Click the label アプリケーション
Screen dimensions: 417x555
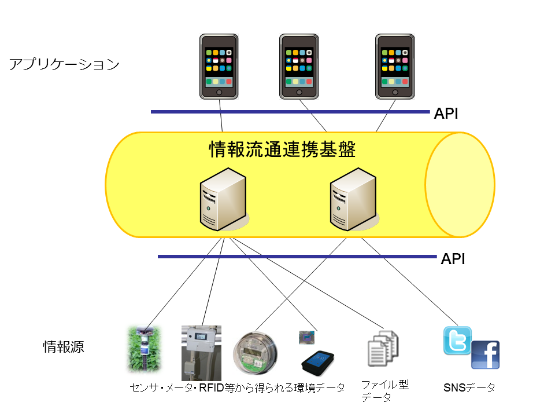pyautogui.click(x=64, y=64)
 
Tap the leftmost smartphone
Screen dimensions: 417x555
pyautogui.click(x=219, y=66)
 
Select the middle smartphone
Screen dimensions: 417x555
pyautogui.click(x=299, y=66)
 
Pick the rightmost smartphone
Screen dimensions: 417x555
pyautogui.click(x=395, y=66)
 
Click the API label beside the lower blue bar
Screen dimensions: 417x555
pyautogui.click(x=453, y=259)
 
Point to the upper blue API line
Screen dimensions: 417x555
pyautogui.click(x=289, y=111)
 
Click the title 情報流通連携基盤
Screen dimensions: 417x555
pyautogui.click(x=282, y=151)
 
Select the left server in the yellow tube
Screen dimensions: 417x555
pyautogui.click(x=223, y=200)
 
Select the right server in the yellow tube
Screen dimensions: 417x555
pyautogui.click(x=353, y=200)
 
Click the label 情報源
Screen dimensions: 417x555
pyautogui.click(x=64, y=347)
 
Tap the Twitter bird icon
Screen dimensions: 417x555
pyautogui.click(x=457, y=341)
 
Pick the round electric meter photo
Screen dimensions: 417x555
pyautogui.click(x=255, y=353)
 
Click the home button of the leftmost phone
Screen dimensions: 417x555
pyautogui.click(x=219, y=92)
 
